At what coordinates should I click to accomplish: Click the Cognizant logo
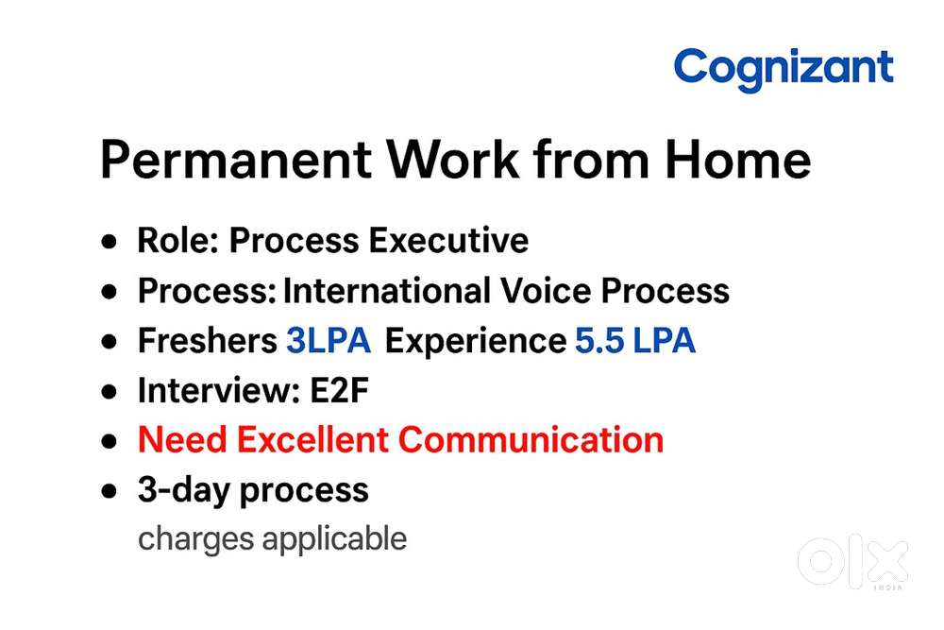783,69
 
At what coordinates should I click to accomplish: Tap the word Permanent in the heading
243,161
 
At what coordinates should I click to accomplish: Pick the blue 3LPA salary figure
329,341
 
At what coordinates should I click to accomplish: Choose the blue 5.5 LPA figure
634,341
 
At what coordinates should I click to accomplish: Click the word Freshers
207,341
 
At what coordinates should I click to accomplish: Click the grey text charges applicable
272,539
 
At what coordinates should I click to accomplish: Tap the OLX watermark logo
852,563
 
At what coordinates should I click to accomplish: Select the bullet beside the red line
112,441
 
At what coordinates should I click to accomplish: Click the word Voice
564,291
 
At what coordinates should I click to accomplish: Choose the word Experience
475,342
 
